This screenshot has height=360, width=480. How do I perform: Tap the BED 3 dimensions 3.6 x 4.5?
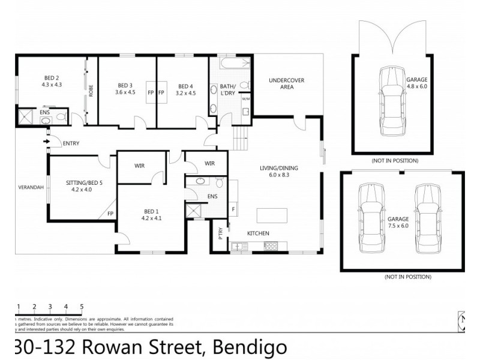click(124, 92)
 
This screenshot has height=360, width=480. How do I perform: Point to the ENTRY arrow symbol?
click(47, 142)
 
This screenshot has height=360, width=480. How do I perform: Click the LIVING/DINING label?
click(278, 168)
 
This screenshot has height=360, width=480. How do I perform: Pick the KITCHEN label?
click(259, 233)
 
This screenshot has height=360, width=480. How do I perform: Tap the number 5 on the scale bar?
click(82, 307)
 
